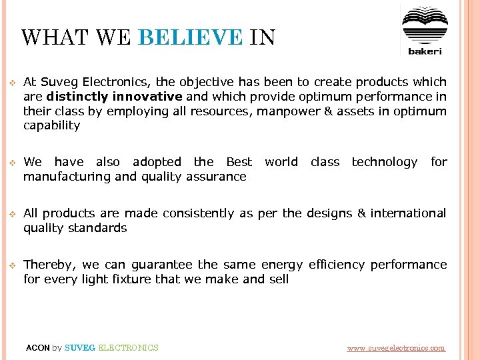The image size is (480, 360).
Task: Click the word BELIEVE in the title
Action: click(x=190, y=37)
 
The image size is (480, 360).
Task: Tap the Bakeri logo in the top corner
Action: click(x=425, y=31)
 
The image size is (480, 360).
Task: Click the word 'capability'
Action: click(x=51, y=125)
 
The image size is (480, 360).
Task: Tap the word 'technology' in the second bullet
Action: click(x=384, y=162)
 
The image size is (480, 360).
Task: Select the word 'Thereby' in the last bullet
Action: click(x=46, y=265)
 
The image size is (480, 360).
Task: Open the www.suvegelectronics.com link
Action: click(x=396, y=348)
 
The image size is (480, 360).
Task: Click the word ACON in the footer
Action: click(x=37, y=348)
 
